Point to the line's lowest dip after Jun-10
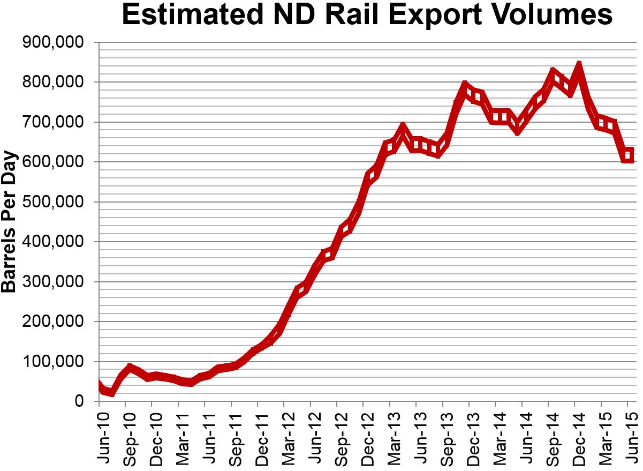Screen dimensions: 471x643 [x=111, y=393]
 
